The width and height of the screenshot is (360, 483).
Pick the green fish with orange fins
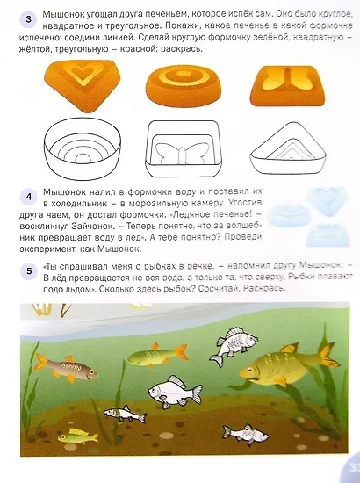(153, 355)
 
